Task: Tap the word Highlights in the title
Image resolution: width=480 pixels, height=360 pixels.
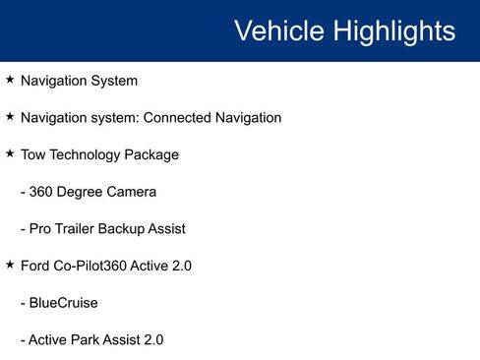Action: [393, 30]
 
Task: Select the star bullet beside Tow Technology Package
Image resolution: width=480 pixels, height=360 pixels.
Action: [10, 153]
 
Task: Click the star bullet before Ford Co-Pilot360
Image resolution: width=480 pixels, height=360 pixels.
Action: [10, 265]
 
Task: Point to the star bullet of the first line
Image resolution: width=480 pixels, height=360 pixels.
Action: [10, 80]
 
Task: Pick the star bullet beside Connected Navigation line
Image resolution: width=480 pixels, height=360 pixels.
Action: [10, 117]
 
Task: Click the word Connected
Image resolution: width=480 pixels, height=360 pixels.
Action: [177, 118]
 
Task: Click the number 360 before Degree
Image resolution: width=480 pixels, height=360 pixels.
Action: [42, 192]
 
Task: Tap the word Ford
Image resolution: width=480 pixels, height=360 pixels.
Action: [36, 266]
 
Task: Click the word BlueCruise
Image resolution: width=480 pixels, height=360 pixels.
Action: [63, 303]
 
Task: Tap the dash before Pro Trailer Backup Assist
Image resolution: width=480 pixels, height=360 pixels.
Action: [23, 228]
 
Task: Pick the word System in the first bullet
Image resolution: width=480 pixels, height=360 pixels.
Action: [113, 81]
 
